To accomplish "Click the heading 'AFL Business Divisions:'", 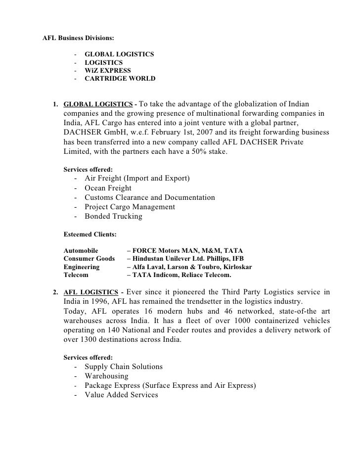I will [78, 38].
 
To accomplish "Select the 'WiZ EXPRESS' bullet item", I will [108, 71].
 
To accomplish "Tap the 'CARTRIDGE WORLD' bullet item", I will [120, 79].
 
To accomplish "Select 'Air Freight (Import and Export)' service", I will [137, 178].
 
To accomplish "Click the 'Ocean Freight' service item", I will [108, 188].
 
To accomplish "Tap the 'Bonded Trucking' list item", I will [113, 216].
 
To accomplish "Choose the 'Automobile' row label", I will [81, 251].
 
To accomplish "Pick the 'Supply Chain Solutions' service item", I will [124, 367].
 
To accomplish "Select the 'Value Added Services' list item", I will [121, 395].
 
